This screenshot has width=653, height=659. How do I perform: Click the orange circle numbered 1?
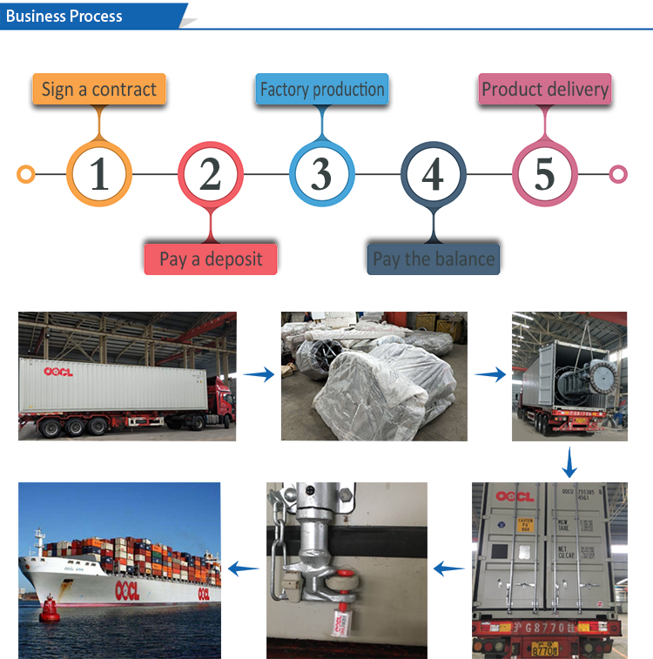coord(99,174)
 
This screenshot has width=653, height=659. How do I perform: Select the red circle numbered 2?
coord(211,174)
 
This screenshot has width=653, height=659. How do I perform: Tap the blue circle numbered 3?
coord(321,174)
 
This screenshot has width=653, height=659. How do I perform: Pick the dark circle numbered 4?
coord(433,174)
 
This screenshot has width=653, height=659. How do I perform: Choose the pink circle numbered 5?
coord(544,174)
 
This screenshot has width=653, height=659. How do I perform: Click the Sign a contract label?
coord(99,90)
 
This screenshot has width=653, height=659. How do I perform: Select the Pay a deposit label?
coord(211,259)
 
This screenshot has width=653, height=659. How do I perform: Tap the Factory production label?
coord(322,90)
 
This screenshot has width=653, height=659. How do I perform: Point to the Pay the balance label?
coord(434,259)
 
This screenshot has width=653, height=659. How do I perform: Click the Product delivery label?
coord(545,90)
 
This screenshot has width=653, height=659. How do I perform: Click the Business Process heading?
coord(65,16)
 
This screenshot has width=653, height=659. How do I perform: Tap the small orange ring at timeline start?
coord(26,174)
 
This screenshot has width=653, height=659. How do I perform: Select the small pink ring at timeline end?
coord(618,174)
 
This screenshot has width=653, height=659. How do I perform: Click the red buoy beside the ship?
coord(50,607)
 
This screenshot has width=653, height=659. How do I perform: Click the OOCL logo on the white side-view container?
coord(59,371)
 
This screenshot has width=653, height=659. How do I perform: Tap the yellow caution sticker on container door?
coord(525,525)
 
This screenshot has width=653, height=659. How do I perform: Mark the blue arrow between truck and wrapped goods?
coord(258,375)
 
